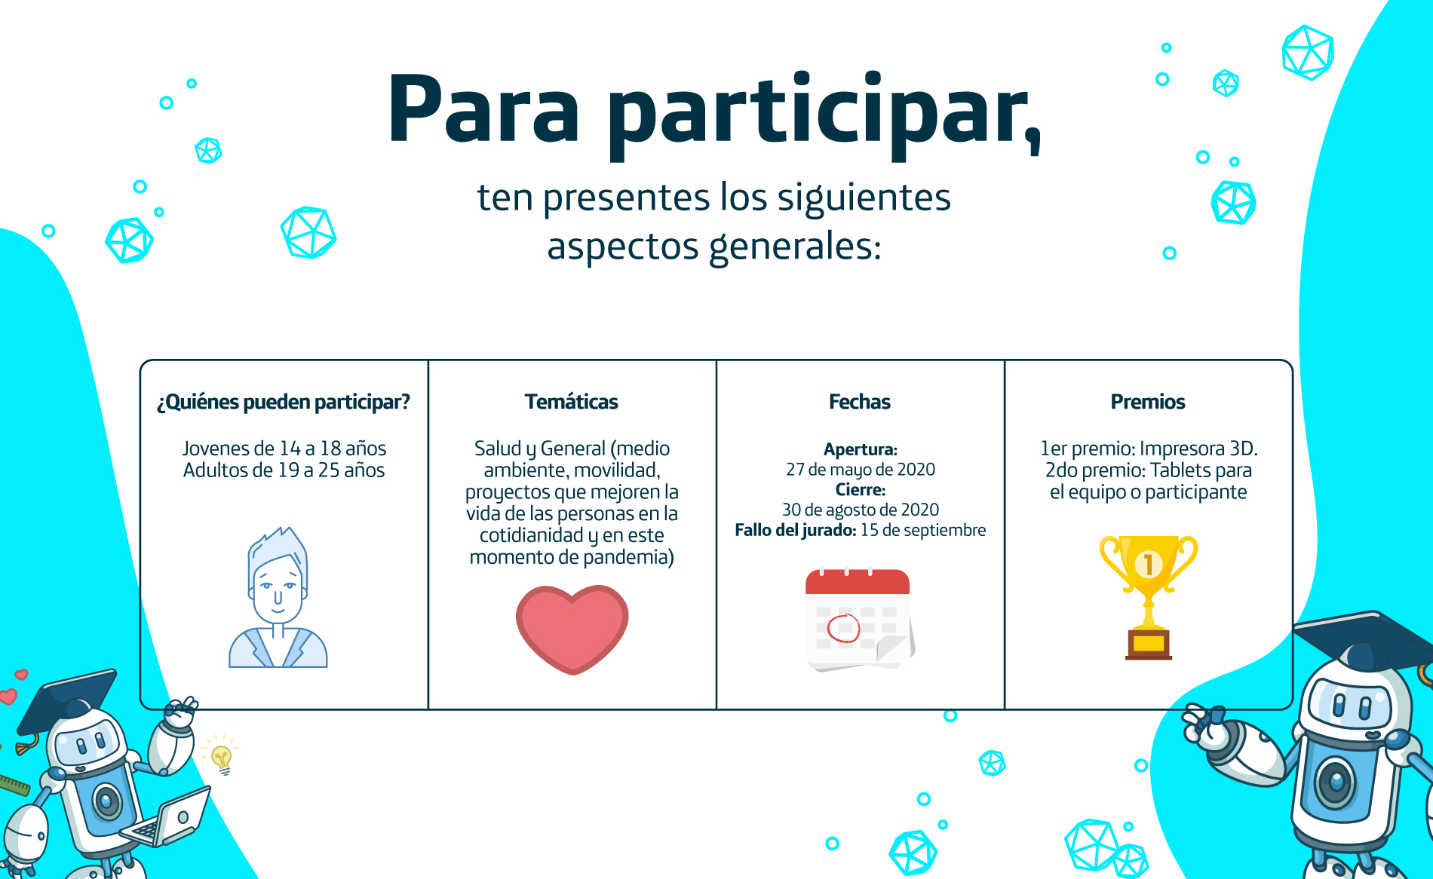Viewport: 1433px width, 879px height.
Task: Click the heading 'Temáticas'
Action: tap(572, 402)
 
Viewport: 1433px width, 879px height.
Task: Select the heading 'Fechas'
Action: tap(860, 402)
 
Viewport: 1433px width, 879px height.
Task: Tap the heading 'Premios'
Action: tap(1148, 402)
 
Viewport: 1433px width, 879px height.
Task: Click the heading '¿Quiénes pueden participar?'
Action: tap(284, 403)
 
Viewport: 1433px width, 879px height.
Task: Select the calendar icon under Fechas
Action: tap(860, 619)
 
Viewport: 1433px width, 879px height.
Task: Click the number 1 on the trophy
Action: tap(1148, 564)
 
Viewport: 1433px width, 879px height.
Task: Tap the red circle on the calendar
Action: tap(844, 628)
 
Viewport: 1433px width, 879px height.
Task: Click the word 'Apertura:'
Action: tap(861, 449)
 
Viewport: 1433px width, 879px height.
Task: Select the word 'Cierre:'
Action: tap(861, 490)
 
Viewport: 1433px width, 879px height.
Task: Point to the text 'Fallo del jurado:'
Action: tap(796, 531)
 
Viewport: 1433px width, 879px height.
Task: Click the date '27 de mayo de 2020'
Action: tap(861, 470)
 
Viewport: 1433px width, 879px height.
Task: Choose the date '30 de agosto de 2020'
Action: tap(861, 510)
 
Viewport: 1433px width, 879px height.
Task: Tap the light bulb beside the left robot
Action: tap(222, 758)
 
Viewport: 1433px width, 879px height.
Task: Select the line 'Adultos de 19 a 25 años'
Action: tap(284, 470)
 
